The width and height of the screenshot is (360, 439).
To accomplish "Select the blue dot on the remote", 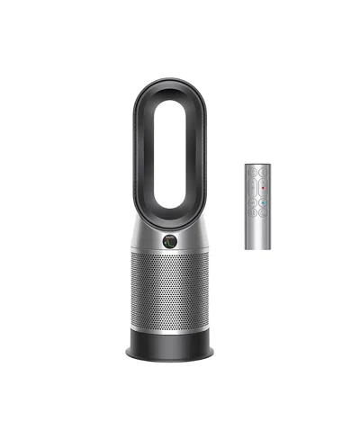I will (261, 202).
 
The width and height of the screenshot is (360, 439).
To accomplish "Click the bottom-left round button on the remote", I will (251, 213).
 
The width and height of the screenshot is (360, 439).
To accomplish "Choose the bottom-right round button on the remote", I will (262, 213).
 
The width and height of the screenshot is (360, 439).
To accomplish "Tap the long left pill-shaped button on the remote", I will (251, 185).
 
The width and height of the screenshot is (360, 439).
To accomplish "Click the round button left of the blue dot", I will (251, 202).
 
